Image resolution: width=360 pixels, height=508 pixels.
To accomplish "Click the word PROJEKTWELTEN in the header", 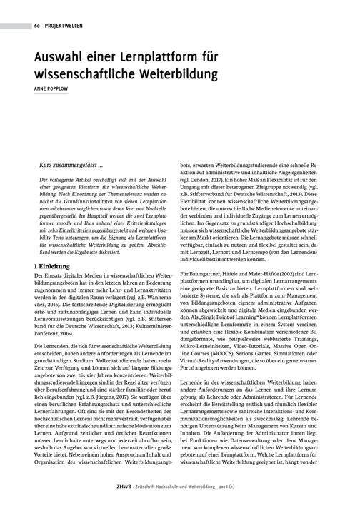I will point(61,26).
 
